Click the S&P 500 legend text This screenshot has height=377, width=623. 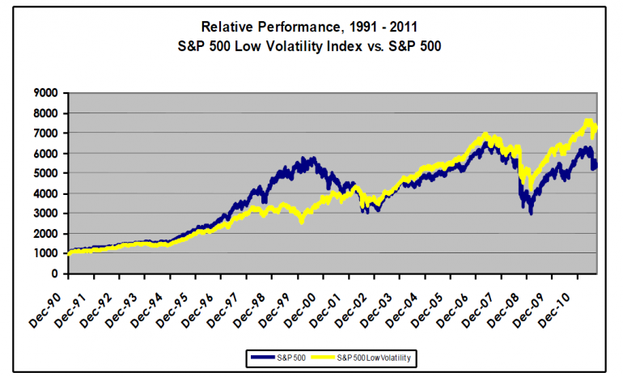290,356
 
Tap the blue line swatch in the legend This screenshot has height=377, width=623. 261,356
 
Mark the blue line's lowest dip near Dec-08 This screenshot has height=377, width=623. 531,212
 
